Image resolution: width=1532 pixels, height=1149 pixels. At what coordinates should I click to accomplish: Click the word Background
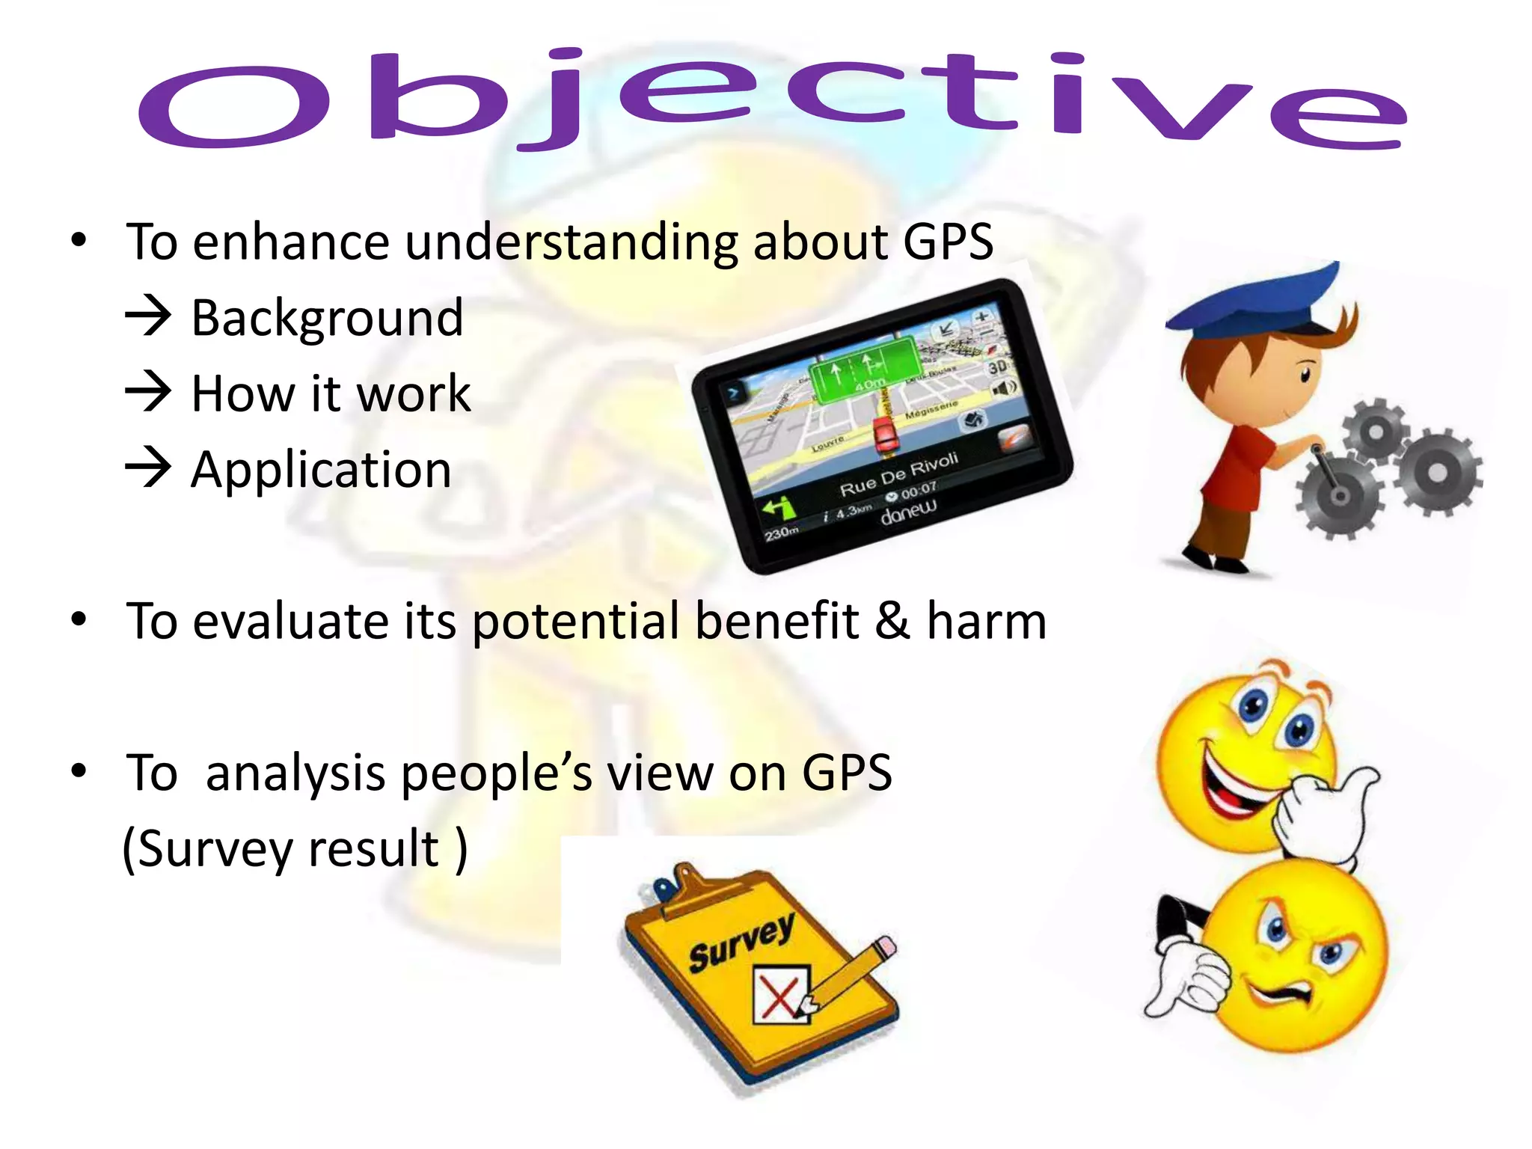(x=327, y=319)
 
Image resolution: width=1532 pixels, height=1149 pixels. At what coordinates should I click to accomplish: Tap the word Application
(x=321, y=471)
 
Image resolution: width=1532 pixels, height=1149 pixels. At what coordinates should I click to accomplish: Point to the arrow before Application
(x=148, y=468)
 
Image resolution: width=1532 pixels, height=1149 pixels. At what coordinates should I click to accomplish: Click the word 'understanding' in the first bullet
(x=572, y=242)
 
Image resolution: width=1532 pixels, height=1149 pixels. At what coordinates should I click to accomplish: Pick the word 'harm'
(x=986, y=621)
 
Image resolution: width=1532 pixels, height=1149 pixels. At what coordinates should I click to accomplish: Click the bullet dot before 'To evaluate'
(x=79, y=619)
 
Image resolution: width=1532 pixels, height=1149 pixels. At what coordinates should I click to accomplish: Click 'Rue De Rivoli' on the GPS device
(x=898, y=474)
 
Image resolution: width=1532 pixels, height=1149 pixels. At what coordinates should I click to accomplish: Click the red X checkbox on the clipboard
(x=780, y=996)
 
